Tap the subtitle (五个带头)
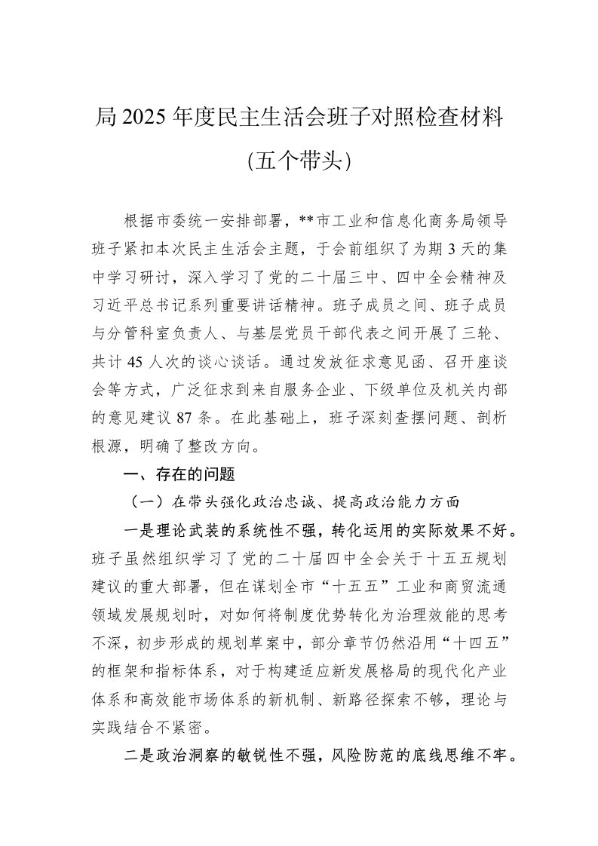click(299, 161)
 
